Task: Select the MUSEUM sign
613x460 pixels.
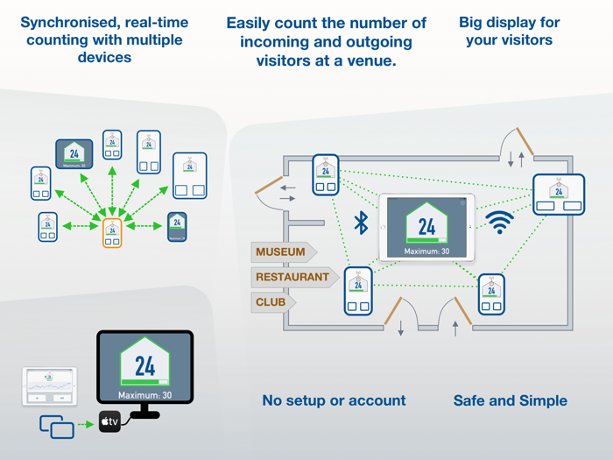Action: point(282,252)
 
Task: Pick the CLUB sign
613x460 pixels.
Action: point(271,302)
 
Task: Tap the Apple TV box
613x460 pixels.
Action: point(109,422)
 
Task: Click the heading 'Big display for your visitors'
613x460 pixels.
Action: point(509,31)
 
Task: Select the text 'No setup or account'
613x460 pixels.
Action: point(334,401)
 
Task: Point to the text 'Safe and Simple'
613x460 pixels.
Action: point(510,401)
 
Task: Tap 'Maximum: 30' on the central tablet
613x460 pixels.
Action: point(426,251)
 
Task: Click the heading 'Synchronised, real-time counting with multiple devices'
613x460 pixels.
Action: point(103,39)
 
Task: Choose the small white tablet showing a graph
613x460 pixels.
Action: point(49,386)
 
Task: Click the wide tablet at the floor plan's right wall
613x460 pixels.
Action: point(559,195)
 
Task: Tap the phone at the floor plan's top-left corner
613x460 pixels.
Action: point(326,174)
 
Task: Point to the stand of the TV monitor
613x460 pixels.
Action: point(144,408)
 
